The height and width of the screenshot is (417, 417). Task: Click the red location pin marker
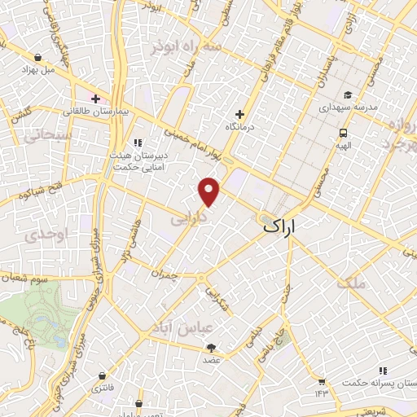click(x=209, y=191)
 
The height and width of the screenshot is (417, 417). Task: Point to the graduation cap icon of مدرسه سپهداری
click(x=348, y=94)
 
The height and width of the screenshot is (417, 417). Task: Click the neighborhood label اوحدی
click(x=42, y=235)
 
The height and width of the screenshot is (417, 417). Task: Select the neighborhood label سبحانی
click(x=51, y=135)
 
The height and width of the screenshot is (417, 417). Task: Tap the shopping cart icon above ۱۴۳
click(x=322, y=381)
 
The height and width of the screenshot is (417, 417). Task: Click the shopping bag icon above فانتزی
click(x=101, y=376)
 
